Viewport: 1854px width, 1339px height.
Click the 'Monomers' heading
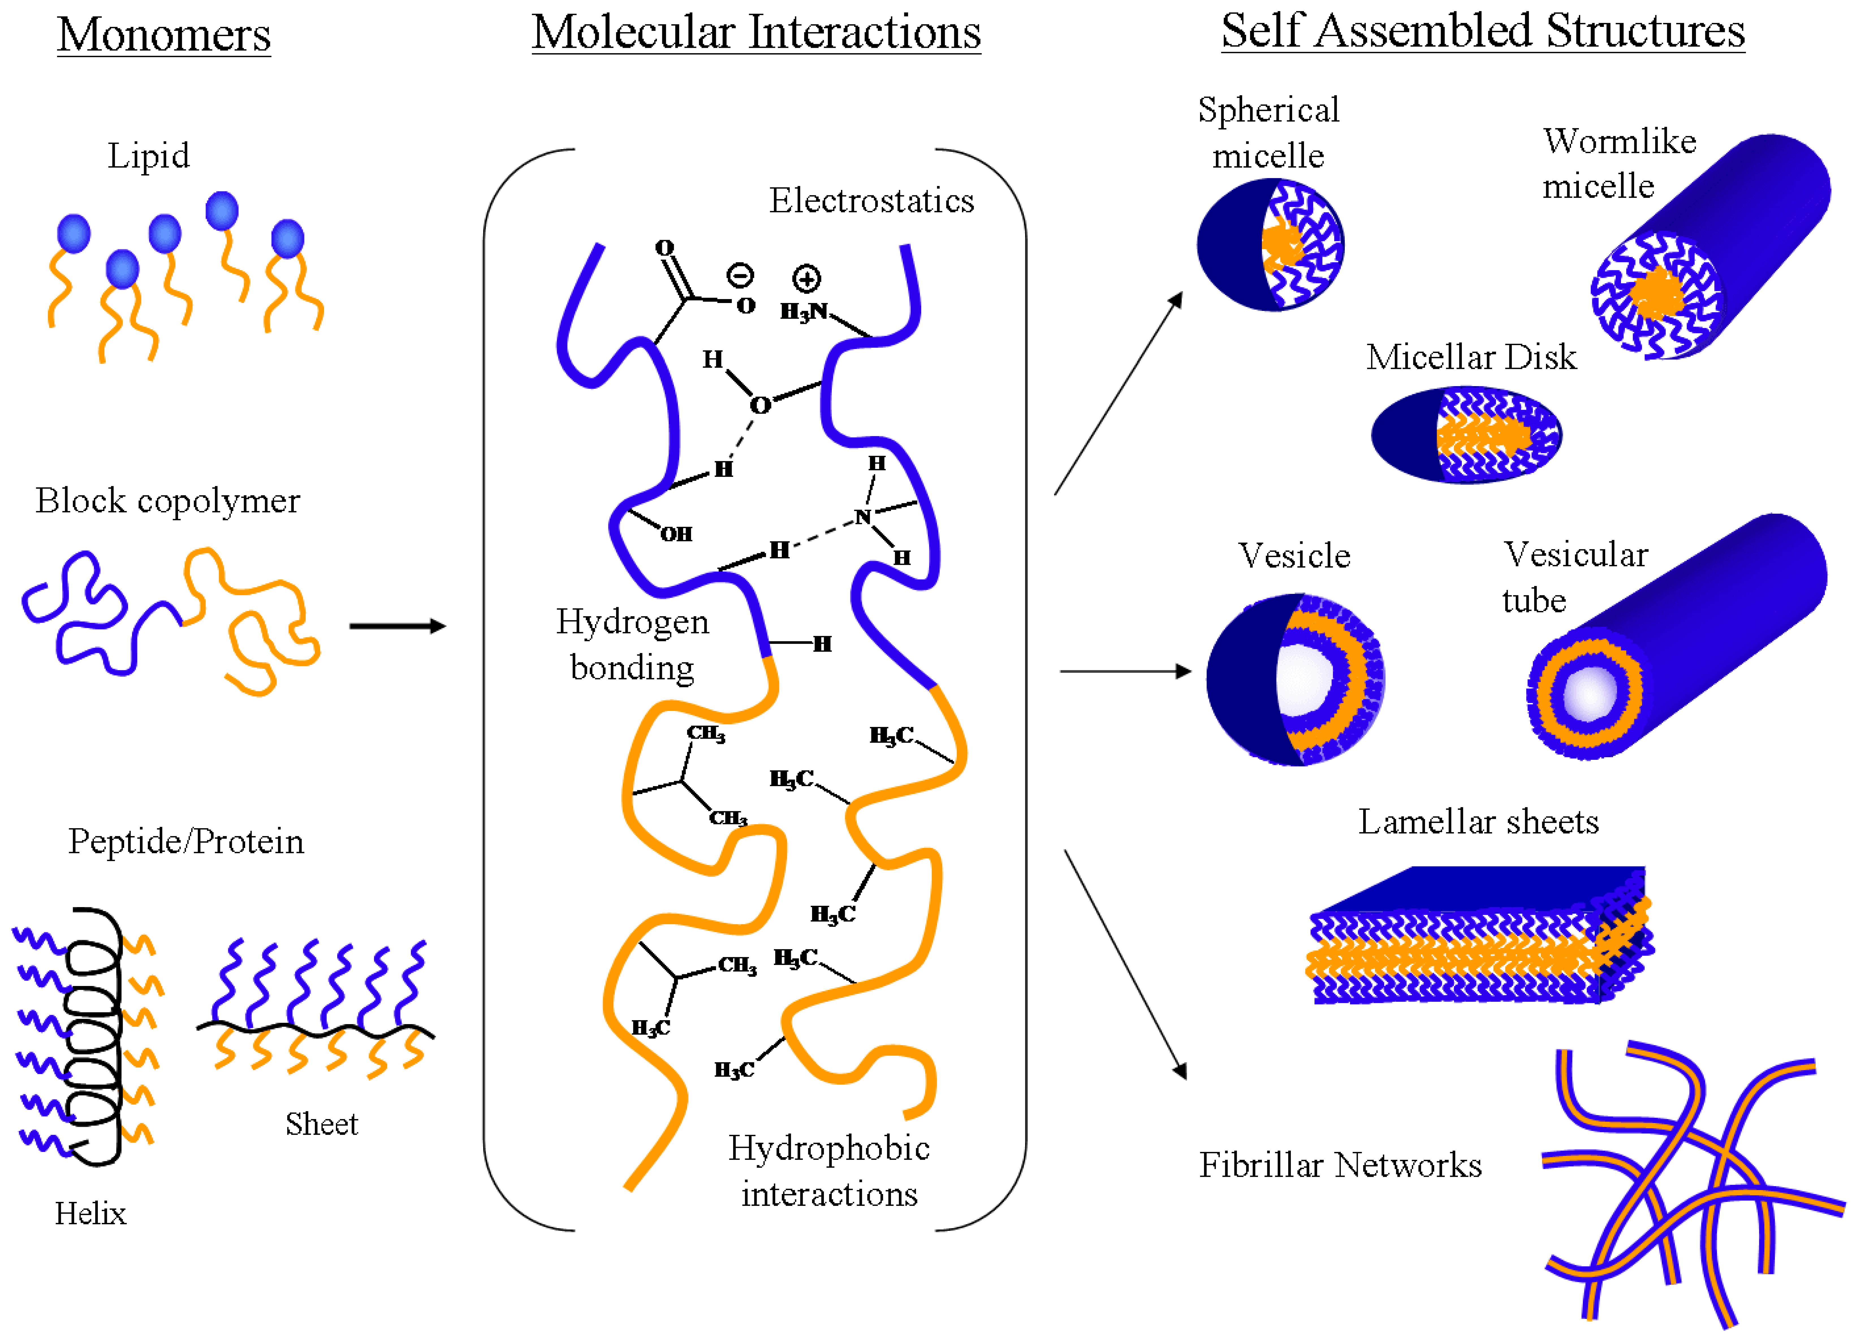tap(163, 34)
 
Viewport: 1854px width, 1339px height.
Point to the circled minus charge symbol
tap(741, 275)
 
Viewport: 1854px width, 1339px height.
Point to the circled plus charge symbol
tap(806, 279)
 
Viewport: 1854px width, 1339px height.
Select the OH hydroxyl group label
tap(676, 534)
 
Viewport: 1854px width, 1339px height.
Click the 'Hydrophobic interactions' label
tap(829, 1171)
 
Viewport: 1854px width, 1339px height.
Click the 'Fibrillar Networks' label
tap(1340, 1165)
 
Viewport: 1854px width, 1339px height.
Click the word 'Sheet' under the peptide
tap(321, 1124)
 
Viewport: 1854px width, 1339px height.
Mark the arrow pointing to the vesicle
tap(1126, 671)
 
